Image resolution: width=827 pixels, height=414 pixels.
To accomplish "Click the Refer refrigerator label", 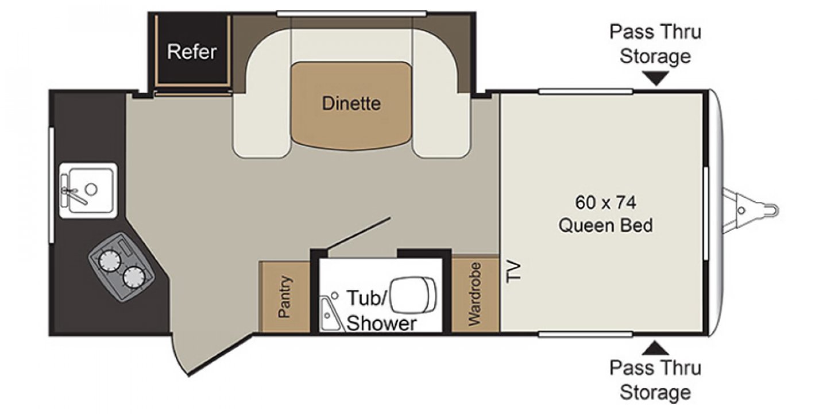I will (192, 52).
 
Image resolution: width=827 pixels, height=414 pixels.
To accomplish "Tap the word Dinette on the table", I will (351, 103).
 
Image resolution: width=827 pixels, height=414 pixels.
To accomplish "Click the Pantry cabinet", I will (285, 297).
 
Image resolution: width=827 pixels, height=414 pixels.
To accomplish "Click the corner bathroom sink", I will (330, 313).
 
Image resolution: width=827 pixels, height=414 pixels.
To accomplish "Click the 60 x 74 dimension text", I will (605, 202).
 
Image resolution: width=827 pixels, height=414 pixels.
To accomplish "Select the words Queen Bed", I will (605, 225).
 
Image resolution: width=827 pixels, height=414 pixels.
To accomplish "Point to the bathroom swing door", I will (359, 234).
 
